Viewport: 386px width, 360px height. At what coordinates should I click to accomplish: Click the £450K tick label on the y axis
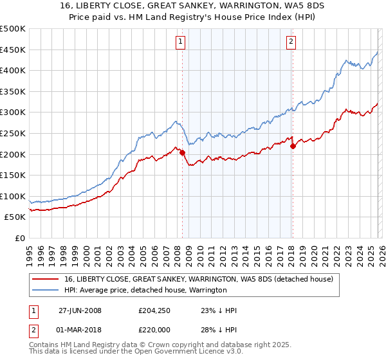click(13, 50)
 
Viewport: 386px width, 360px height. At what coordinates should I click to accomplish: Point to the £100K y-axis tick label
click(13, 196)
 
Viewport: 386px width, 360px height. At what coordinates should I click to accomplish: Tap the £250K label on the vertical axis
click(13, 133)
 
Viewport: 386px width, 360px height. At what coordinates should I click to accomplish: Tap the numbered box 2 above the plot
click(291, 42)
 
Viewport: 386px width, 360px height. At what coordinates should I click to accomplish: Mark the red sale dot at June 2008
click(182, 153)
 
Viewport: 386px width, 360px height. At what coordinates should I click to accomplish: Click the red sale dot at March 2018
click(293, 146)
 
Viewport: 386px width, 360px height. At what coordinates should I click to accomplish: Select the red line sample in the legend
click(46, 279)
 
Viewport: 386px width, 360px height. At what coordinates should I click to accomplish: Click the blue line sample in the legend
click(46, 290)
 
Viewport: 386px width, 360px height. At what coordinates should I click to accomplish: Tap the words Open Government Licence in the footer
click(189, 353)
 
